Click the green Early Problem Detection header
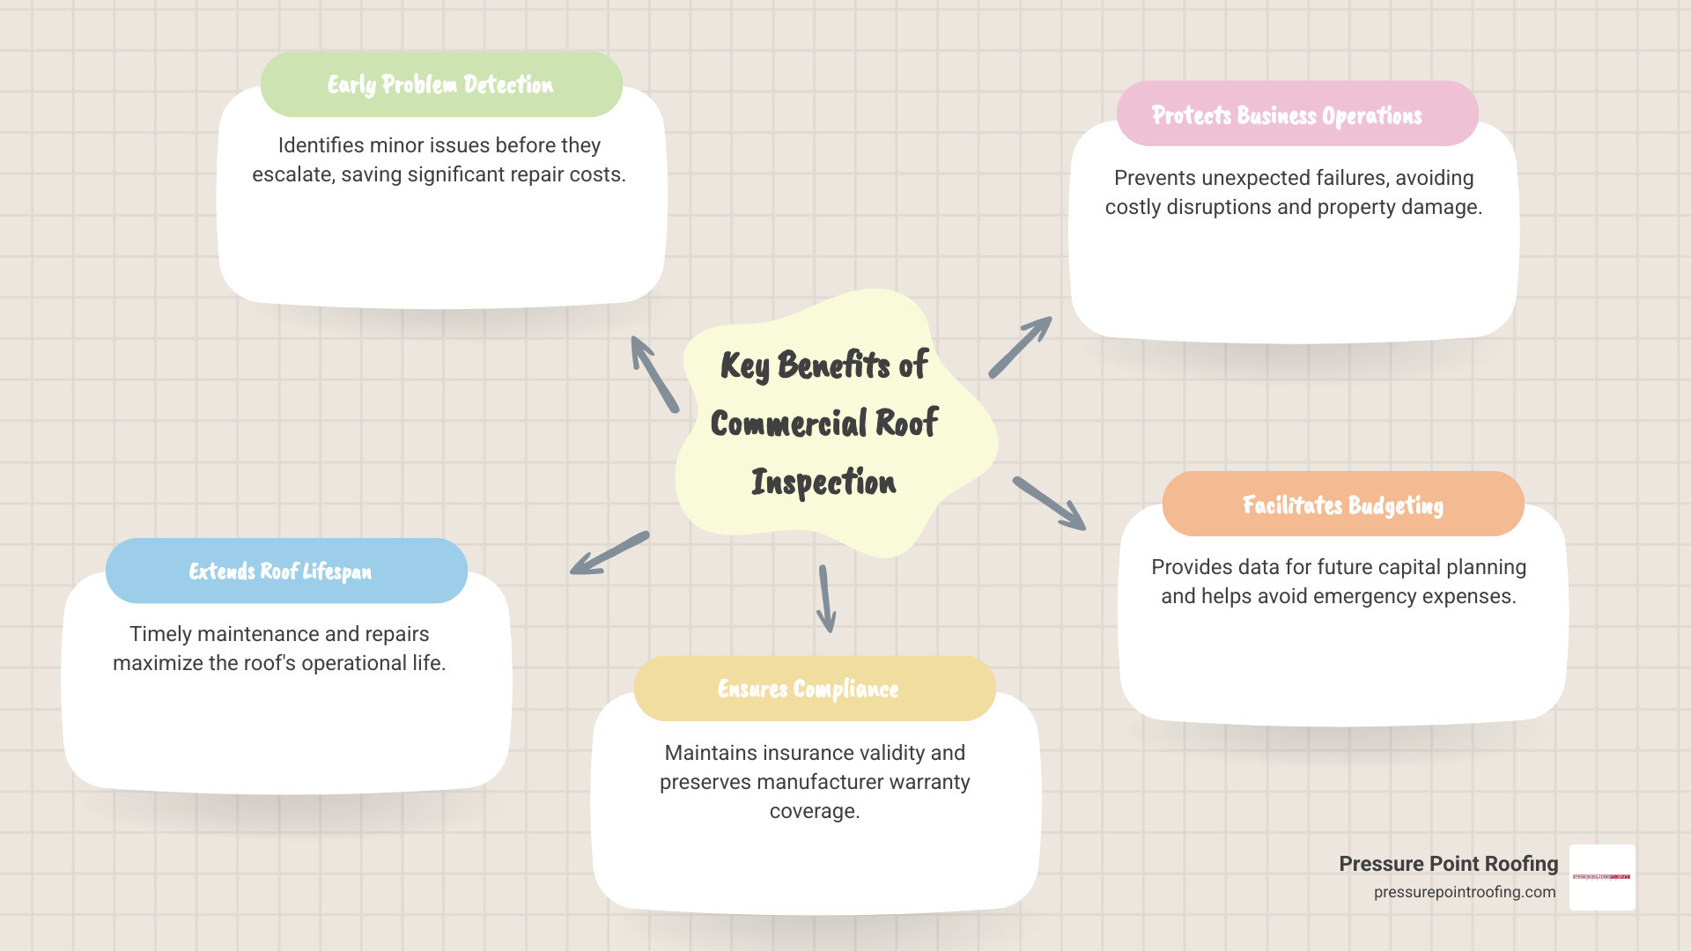(441, 85)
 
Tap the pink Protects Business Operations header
(1296, 114)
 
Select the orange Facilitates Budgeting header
(1343, 505)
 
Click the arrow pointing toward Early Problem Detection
(654, 373)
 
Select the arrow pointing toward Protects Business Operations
(1021, 347)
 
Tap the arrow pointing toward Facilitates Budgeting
(1049, 503)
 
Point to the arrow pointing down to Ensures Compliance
(826, 599)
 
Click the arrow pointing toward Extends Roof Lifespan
(609, 553)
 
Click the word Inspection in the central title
(823, 482)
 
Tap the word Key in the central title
(744, 365)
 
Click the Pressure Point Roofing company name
(1448, 864)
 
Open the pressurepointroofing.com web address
(1465, 892)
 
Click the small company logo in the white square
(1602, 877)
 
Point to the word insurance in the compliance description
(803, 753)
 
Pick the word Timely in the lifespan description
(160, 634)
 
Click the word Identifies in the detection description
(321, 145)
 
